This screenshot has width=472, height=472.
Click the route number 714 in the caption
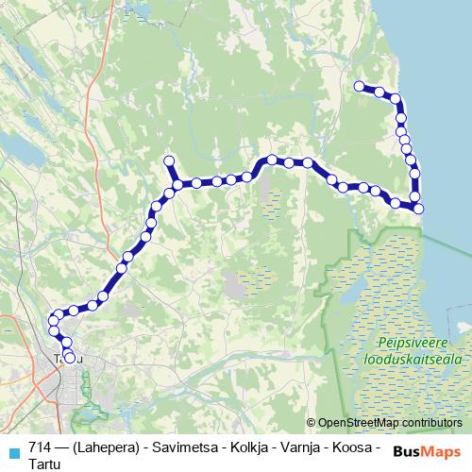(40, 446)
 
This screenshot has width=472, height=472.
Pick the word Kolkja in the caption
(241, 446)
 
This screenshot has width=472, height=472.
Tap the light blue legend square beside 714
(12, 450)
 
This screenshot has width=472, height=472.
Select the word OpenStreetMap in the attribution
(355, 424)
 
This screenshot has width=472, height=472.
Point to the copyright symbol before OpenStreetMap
(312, 424)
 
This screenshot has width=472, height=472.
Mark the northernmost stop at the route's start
(359, 87)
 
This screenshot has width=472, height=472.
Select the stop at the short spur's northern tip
(170, 160)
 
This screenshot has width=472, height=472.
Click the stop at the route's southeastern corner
(419, 209)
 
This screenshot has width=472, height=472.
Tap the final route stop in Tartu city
(69, 358)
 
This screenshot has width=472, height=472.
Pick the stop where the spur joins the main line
(177, 184)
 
